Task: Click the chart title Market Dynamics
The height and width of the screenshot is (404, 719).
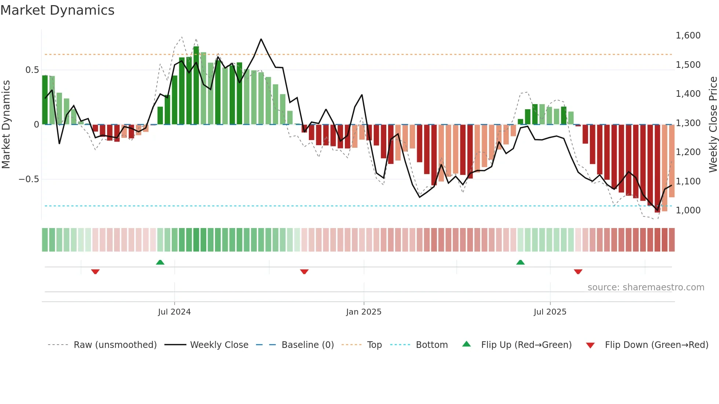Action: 58,10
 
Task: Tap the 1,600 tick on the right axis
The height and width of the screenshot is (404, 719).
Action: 688,36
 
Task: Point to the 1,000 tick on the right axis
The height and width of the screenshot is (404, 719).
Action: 688,210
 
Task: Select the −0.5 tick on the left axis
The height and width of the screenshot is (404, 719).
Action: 29,179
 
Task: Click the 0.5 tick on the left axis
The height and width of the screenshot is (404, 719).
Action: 32,70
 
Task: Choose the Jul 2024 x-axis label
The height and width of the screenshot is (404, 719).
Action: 174,312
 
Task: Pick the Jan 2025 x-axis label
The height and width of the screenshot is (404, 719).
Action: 364,312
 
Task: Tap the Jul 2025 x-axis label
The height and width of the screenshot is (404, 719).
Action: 550,312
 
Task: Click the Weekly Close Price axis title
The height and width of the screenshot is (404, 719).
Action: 713,124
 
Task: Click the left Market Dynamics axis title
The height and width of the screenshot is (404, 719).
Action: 6,124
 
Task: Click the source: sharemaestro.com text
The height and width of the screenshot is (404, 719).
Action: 646,287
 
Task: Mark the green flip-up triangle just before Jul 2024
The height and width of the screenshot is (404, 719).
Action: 160,262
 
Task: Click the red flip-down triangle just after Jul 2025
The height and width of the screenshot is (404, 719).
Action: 578,272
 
